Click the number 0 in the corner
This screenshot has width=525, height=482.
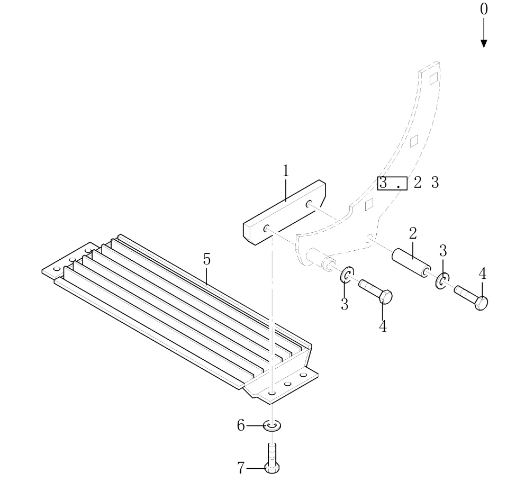(x=483, y=9)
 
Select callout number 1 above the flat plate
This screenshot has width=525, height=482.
(x=286, y=171)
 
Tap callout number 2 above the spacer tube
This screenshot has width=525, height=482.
(x=413, y=233)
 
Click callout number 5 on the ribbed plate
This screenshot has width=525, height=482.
(x=206, y=259)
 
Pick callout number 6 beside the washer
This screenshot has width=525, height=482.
(x=241, y=425)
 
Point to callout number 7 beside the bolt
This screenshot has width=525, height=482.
(x=241, y=468)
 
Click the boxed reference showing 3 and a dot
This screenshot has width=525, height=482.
(x=392, y=183)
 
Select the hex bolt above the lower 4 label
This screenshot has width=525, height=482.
(x=376, y=292)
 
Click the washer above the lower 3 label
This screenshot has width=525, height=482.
(x=346, y=275)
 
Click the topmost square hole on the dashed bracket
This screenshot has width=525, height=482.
(x=432, y=79)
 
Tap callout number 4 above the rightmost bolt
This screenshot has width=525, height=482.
(x=482, y=274)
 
